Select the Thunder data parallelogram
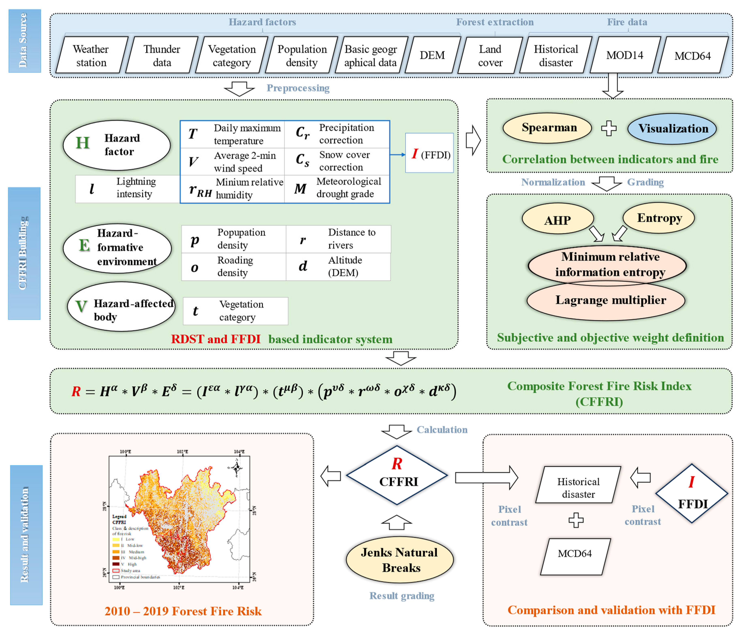pyautogui.click(x=162, y=55)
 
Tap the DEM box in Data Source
pyautogui.click(x=432, y=55)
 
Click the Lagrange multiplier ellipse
pyautogui.click(x=610, y=300)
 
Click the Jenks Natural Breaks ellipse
pyautogui.click(x=399, y=560)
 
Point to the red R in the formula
pyautogui.click(x=76, y=391)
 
